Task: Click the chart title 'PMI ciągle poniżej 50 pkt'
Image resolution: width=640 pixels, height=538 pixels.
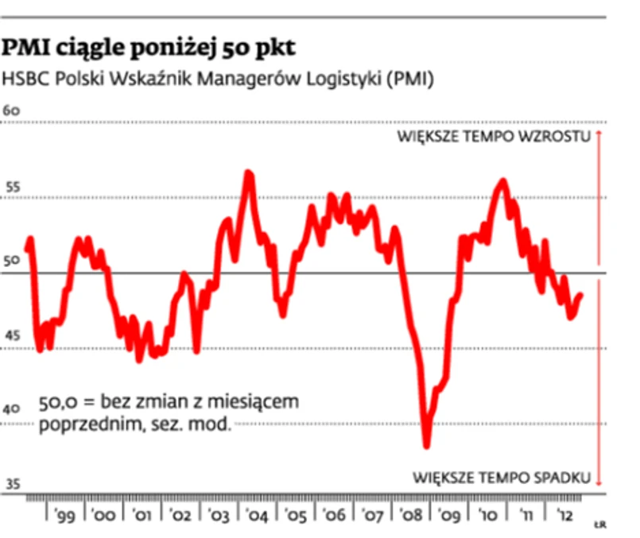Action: (x=149, y=48)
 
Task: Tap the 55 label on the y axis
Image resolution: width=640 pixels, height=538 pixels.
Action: (x=11, y=187)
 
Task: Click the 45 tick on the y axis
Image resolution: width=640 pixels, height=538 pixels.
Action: (x=11, y=335)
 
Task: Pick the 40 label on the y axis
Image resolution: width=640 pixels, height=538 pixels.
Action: (x=11, y=410)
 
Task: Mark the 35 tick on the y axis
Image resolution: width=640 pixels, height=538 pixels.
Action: (x=11, y=484)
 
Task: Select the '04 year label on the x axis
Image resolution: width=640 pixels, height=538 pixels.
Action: (x=257, y=516)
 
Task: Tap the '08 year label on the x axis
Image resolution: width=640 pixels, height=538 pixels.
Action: (x=411, y=516)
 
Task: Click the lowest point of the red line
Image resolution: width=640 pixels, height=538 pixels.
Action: (x=427, y=444)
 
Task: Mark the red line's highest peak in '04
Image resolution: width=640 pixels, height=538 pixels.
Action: (x=248, y=172)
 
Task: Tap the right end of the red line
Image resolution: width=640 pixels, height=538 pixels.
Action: (x=581, y=296)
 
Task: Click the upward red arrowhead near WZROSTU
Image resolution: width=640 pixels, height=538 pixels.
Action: (x=599, y=134)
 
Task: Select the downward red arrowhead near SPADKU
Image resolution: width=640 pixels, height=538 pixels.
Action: (x=599, y=482)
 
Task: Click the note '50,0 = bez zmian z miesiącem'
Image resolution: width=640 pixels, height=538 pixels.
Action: (x=169, y=402)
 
